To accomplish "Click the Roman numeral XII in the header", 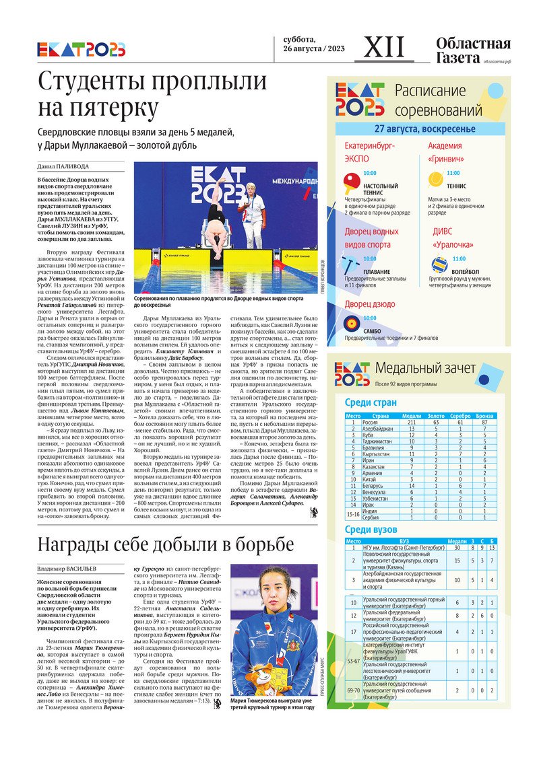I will pos(385,48).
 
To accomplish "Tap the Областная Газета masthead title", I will pos(473,51).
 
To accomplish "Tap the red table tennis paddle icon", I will pos(352,181).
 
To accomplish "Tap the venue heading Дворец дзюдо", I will pos(370,304).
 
